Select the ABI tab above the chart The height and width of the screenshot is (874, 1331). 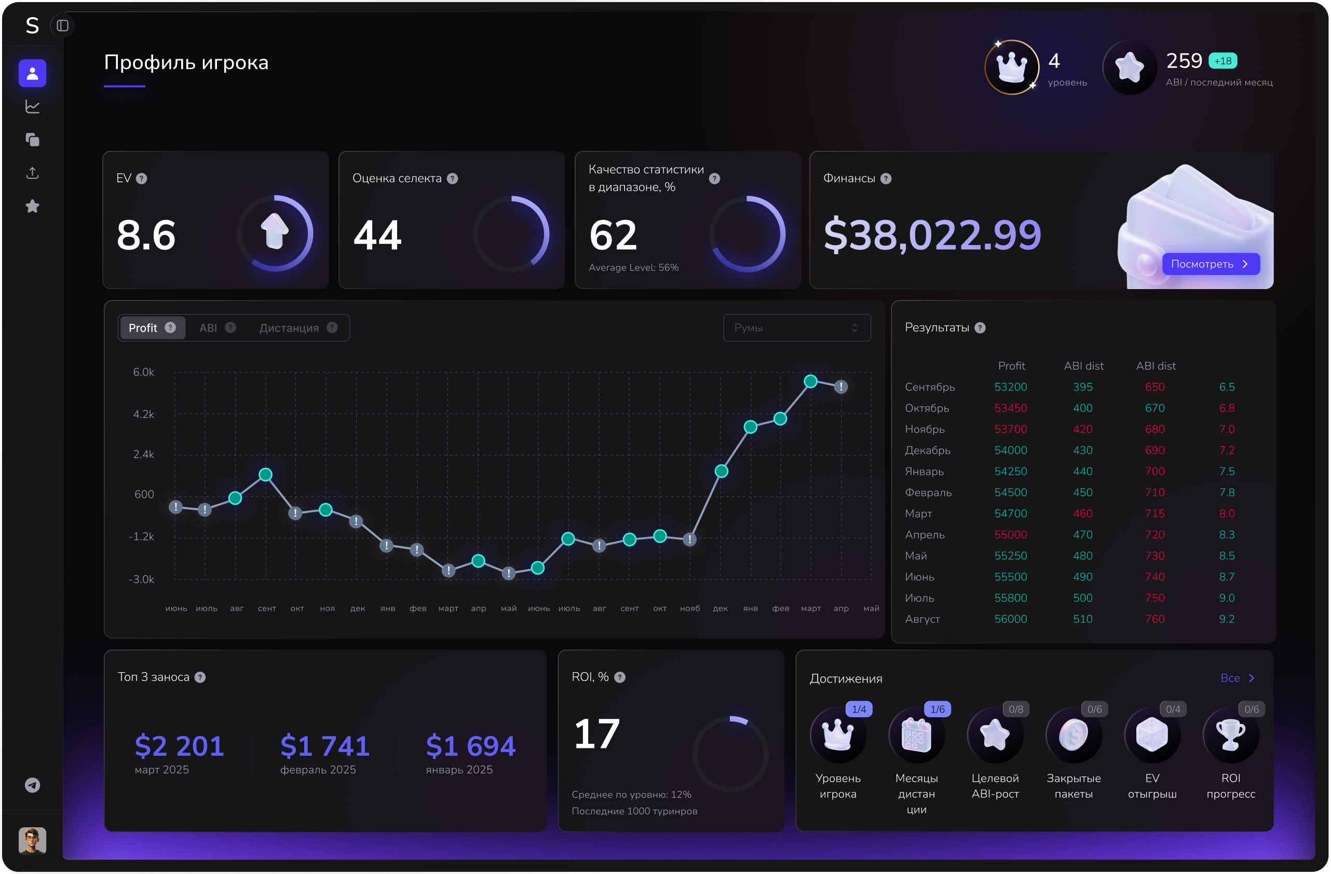point(208,327)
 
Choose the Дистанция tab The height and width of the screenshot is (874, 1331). point(289,327)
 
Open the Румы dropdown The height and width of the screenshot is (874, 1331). point(796,327)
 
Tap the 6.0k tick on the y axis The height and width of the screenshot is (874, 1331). point(144,372)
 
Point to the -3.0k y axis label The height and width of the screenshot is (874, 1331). point(142,579)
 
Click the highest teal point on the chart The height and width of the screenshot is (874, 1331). point(810,381)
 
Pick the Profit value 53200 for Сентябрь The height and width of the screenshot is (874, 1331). point(1011,387)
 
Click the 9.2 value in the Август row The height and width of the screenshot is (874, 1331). point(1227,619)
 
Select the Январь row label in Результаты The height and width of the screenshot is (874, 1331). point(925,471)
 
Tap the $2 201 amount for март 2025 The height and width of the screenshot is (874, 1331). point(180,746)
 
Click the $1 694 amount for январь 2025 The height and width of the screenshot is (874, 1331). point(470,746)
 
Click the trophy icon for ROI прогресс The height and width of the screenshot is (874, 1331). point(1231,735)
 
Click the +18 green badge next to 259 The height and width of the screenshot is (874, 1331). point(1223,61)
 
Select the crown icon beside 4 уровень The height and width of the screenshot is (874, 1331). point(1012,67)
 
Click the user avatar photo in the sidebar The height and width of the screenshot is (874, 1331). point(32,840)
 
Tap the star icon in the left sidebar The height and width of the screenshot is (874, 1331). point(32,207)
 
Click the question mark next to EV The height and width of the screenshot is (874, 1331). point(142,179)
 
